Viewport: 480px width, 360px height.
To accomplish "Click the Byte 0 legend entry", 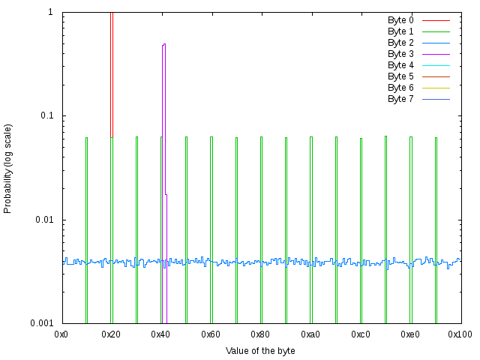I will [400, 20].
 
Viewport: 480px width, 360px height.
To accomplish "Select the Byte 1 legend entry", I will [400, 31].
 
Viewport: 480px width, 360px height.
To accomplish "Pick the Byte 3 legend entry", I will [400, 54].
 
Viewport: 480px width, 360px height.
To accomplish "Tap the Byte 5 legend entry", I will [400, 76].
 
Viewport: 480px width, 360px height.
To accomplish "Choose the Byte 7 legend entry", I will [400, 99].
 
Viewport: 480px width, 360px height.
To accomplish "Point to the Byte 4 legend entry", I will [400, 65].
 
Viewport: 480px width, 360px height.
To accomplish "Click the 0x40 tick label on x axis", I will [161, 333].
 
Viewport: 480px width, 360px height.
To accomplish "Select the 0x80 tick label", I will [261, 333].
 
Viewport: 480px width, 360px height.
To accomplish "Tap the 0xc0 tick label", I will [361, 333].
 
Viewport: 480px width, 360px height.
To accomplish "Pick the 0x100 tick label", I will [460, 333].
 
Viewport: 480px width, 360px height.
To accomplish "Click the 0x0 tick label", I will [62, 333].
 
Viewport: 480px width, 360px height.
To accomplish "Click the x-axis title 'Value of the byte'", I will [260, 351].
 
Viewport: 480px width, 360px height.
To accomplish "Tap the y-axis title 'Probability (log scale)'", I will [8, 169].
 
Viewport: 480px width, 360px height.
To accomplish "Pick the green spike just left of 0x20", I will [86, 225].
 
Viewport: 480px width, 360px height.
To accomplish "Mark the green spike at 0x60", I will [211, 225].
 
